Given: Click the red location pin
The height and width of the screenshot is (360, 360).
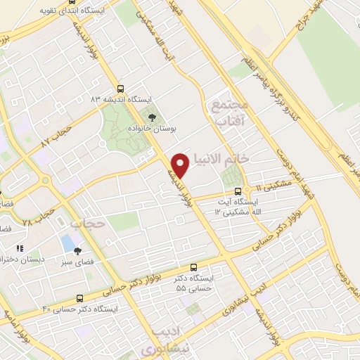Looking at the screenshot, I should pyautogui.click(x=181, y=165).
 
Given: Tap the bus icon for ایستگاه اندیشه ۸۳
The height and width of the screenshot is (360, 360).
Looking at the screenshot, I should pyautogui.click(x=120, y=89).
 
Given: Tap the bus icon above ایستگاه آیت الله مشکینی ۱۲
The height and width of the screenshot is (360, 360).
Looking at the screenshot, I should pyautogui.click(x=238, y=191).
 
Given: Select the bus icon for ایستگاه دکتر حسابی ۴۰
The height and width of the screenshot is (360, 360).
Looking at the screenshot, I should pyautogui.click(x=79, y=297).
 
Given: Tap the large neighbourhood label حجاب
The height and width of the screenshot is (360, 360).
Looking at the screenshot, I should pyautogui.click(x=88, y=224).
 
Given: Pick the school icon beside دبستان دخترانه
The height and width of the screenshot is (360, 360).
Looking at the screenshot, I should pyautogui.click(x=20, y=248).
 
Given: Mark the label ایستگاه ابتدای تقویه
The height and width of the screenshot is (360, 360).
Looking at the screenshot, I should pyautogui.click(x=46, y=11).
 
